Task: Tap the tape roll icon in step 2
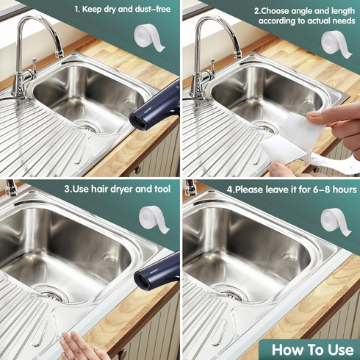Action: [336, 43]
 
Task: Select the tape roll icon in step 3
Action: [154, 219]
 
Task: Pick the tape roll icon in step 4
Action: [336, 221]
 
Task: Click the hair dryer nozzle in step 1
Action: [138, 120]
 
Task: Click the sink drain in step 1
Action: [86, 126]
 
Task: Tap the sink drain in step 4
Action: [229, 292]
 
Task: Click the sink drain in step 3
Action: [51, 292]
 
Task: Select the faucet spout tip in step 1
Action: [59, 54]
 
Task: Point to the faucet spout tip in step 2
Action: [237, 54]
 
